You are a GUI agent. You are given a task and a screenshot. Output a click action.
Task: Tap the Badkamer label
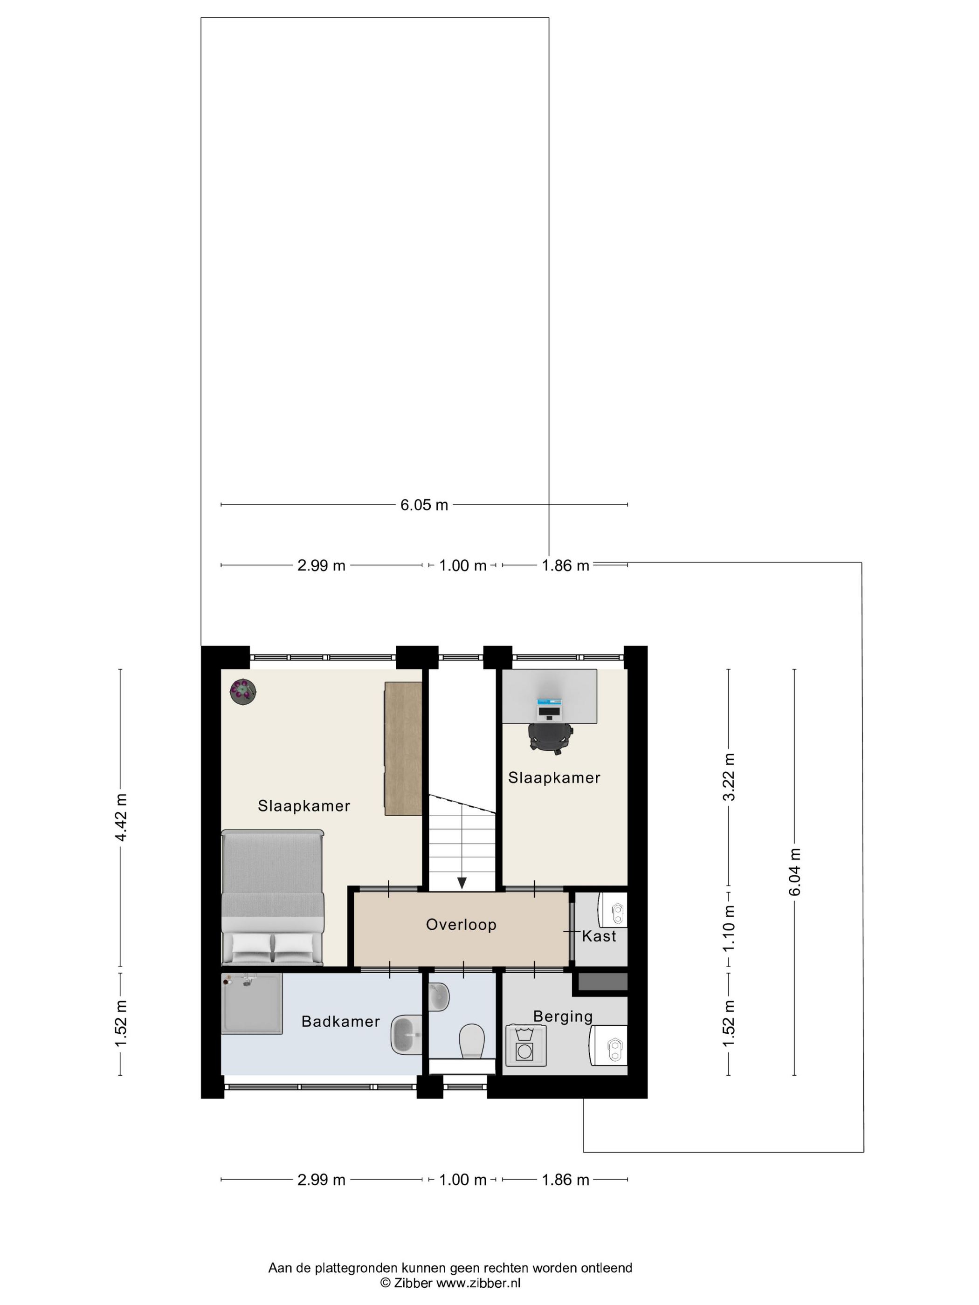point(340,1021)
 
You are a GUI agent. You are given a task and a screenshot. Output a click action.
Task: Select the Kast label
point(599,936)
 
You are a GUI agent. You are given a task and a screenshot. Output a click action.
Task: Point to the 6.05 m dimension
point(424,504)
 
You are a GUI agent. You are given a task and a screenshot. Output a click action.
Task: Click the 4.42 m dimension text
point(120,817)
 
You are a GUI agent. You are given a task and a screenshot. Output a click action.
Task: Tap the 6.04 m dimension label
point(795,872)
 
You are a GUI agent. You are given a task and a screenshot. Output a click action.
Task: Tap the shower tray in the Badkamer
point(252,1003)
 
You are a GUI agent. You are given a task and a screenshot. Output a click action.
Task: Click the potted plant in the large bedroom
point(242,691)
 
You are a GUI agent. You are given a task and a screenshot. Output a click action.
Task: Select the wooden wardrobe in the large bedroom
point(403,749)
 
